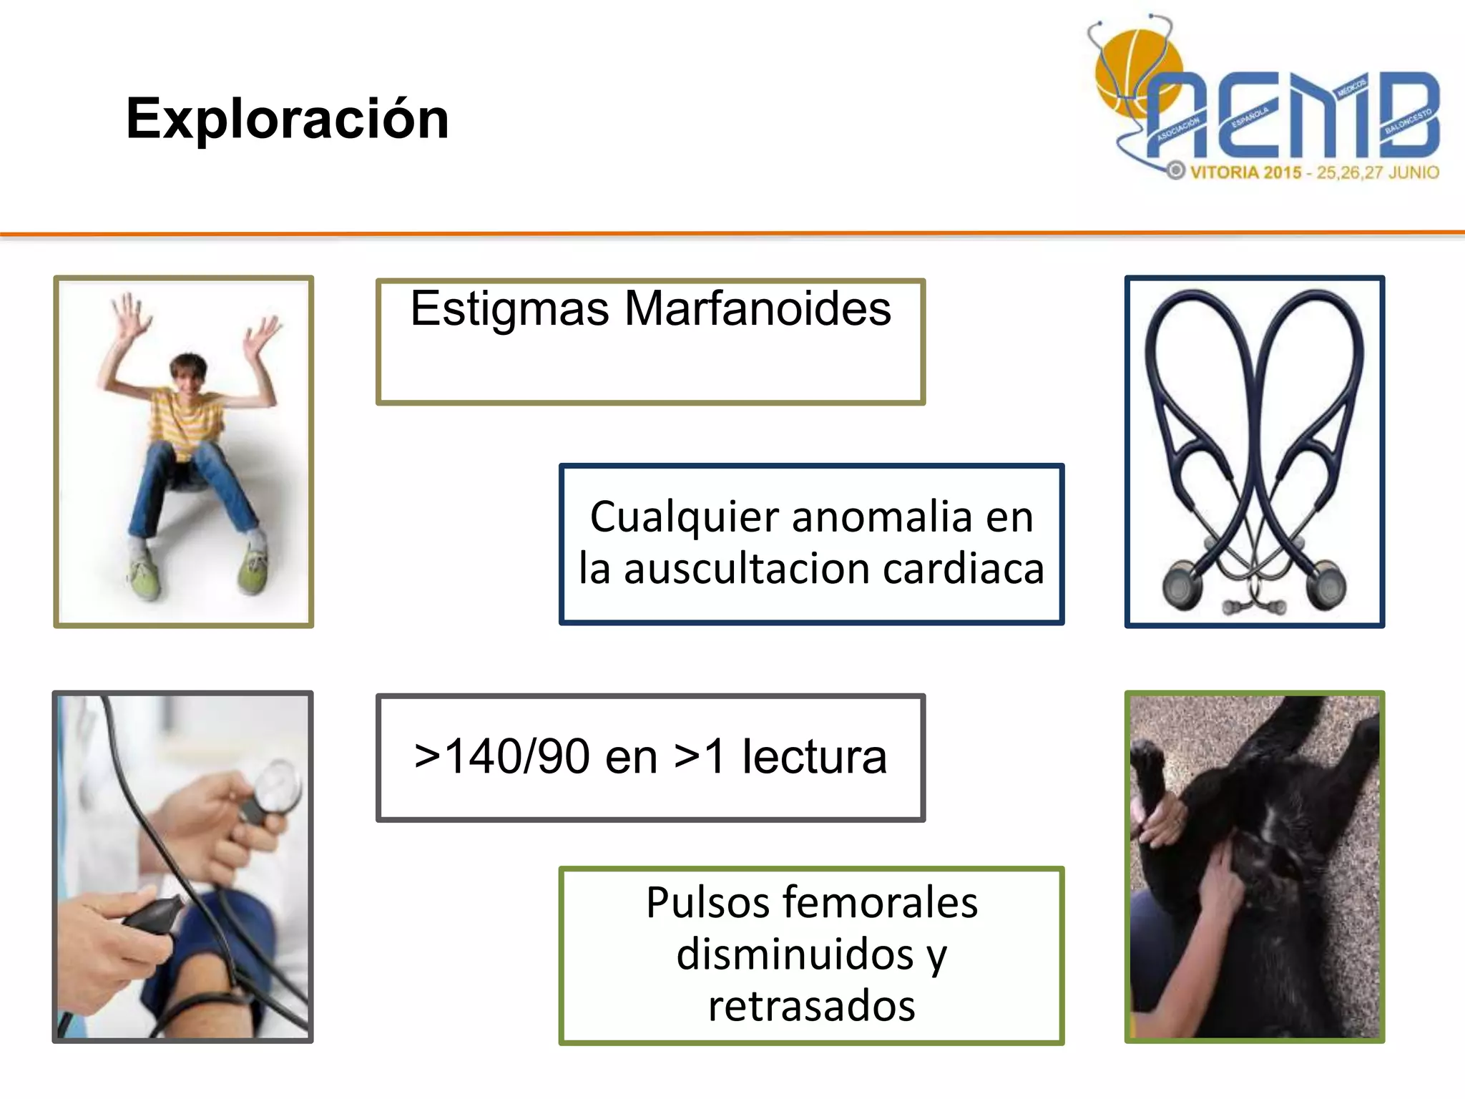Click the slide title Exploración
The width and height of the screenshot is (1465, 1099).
coord(287,119)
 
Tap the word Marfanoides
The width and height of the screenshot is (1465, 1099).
coord(758,309)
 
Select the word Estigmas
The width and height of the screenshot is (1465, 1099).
coord(509,309)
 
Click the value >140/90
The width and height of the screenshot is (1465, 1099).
coord(501,757)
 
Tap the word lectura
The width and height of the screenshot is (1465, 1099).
coord(814,757)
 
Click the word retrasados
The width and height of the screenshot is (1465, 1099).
coord(811,1006)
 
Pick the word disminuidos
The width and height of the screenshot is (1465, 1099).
coord(795,954)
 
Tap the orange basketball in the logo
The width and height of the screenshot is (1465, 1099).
coord(1130,72)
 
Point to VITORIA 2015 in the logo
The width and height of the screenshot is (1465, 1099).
coord(1245,172)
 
